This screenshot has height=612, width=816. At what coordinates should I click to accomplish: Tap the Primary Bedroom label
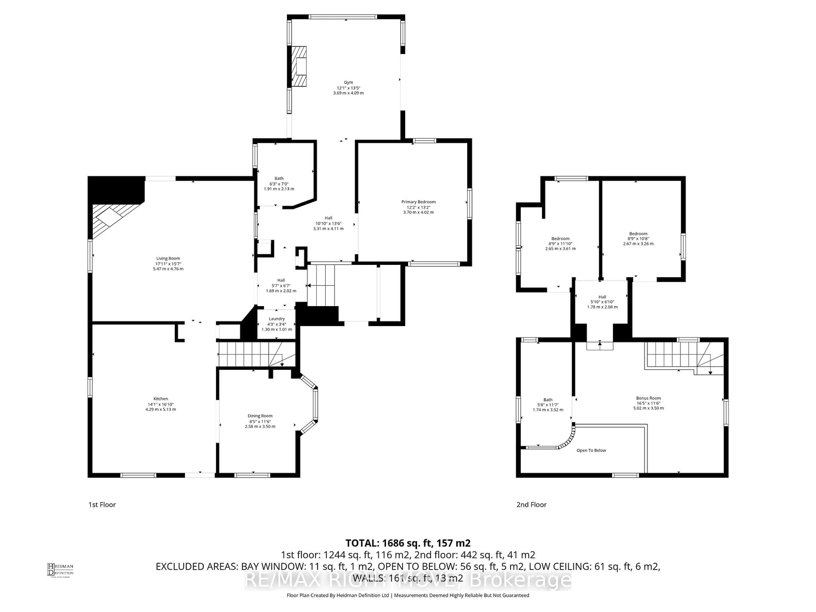(418, 202)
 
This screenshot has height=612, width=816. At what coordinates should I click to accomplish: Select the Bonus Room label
(648, 398)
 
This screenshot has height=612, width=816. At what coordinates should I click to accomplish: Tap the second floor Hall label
(602, 297)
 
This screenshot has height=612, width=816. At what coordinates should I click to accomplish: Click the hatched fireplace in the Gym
(299, 66)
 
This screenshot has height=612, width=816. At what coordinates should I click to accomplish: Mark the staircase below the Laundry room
(256, 354)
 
